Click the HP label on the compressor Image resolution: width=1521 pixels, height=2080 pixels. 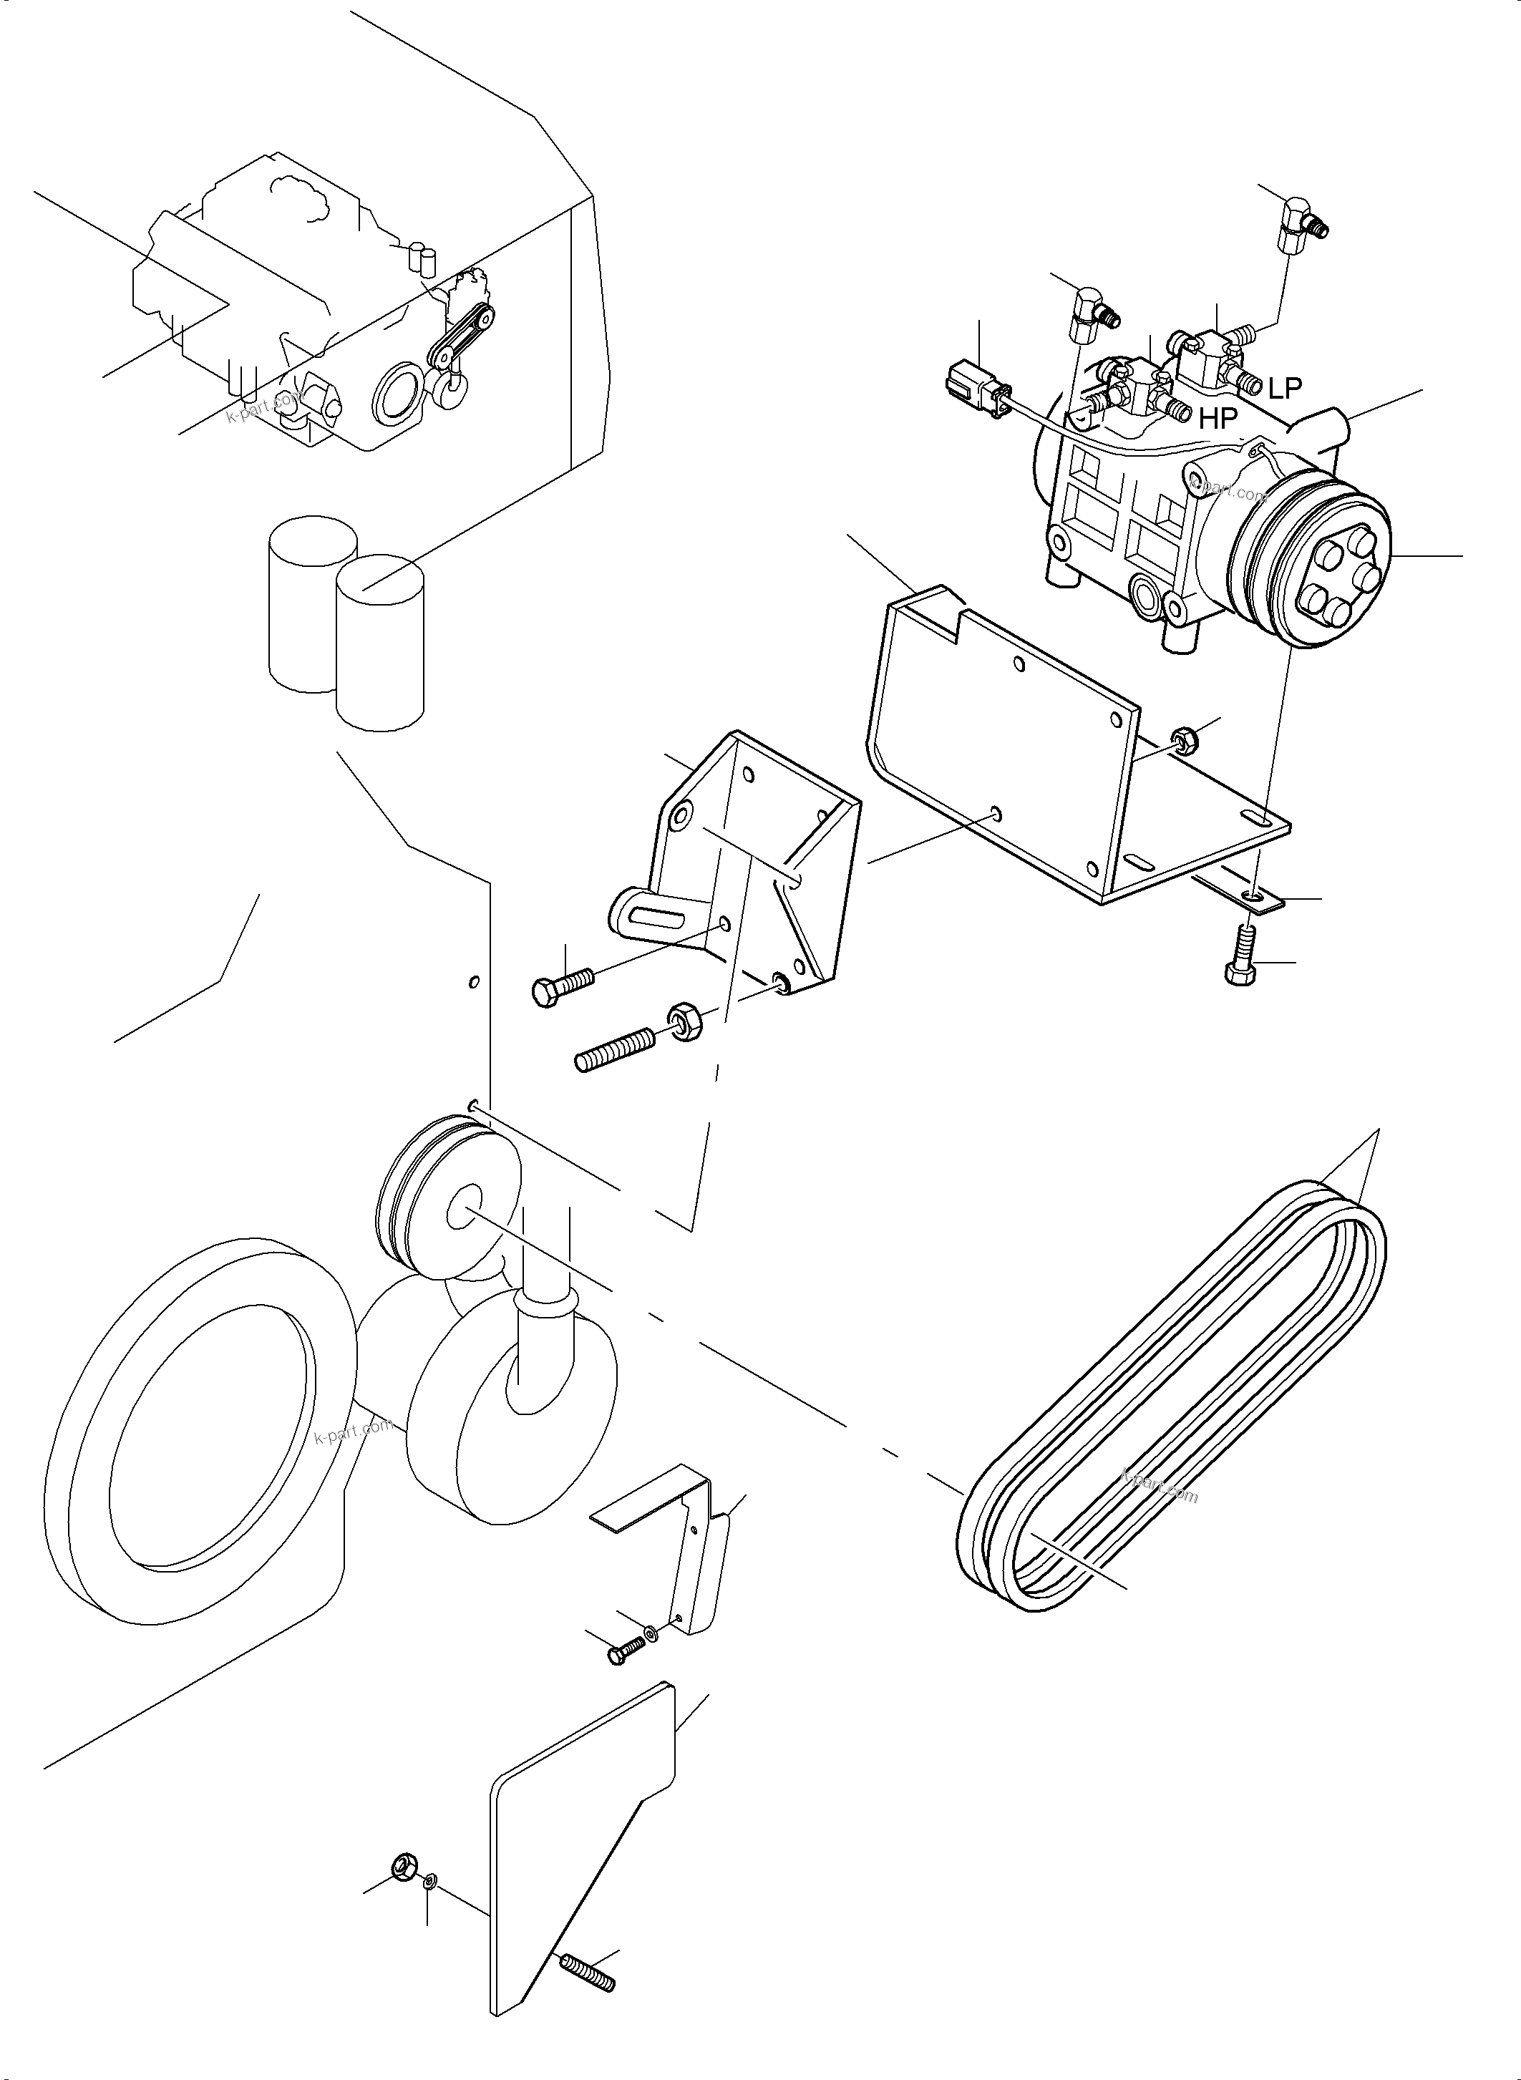pyautogui.click(x=1218, y=420)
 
